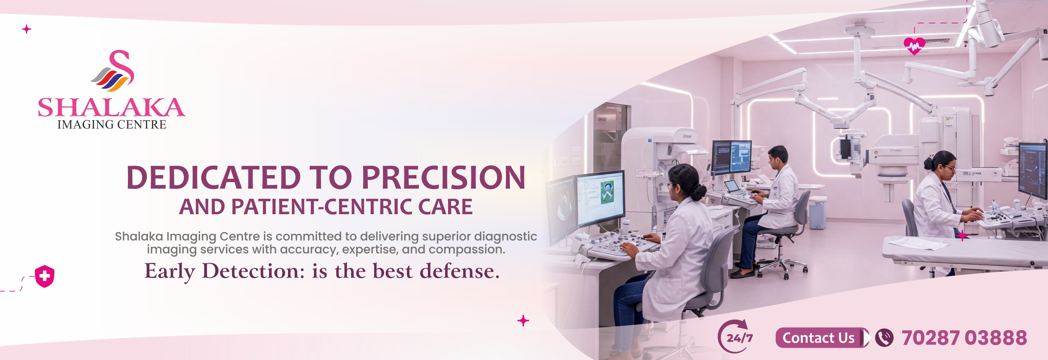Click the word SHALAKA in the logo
(x=112, y=107)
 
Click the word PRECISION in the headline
(x=443, y=177)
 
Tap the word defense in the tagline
(x=459, y=271)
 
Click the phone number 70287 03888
(x=964, y=338)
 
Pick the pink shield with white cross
(x=45, y=276)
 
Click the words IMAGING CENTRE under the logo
(x=112, y=125)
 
